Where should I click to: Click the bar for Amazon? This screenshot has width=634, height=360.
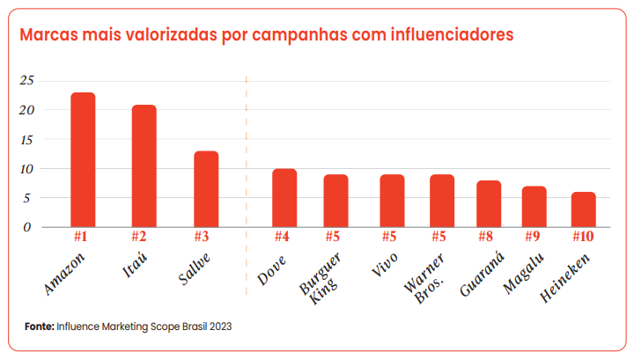point(83,159)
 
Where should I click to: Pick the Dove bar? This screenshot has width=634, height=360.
point(284,197)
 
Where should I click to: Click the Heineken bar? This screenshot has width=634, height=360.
point(583,209)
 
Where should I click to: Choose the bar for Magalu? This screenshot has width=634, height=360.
point(534,206)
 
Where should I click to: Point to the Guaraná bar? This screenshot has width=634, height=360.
point(488,203)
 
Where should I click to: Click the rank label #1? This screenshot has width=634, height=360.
point(83,237)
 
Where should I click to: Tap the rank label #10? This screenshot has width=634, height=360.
point(583,237)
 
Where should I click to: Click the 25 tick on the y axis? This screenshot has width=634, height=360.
point(27,81)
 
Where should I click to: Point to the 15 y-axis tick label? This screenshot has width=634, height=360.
point(27,140)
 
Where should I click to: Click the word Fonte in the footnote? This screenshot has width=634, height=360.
point(39,326)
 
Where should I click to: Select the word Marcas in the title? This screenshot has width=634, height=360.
point(48,36)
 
